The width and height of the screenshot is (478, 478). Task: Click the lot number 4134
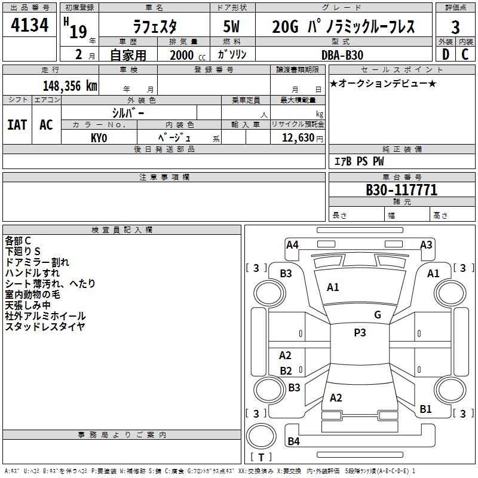pyautogui.click(x=29, y=26)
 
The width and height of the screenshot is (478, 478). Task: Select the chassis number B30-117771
pyautogui.click(x=401, y=191)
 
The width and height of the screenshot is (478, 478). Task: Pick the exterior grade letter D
pyautogui.click(x=445, y=54)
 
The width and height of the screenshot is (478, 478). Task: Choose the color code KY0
pyautogui.click(x=99, y=137)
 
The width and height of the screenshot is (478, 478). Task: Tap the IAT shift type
pyautogui.click(x=17, y=125)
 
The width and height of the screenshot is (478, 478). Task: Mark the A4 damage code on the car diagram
pyautogui.click(x=292, y=244)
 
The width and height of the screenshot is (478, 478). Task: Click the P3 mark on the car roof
pyautogui.click(x=360, y=333)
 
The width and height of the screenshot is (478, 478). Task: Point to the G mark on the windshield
pyautogui.click(x=378, y=315)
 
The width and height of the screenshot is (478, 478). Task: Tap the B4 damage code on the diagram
pyautogui.click(x=293, y=442)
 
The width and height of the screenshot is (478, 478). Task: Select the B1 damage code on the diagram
pyautogui.click(x=425, y=409)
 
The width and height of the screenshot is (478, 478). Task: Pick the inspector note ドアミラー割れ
pyautogui.click(x=37, y=262)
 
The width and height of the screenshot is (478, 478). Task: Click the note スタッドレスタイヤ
pyautogui.click(x=45, y=326)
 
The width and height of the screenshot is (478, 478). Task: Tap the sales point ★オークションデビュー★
pyautogui.click(x=383, y=83)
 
